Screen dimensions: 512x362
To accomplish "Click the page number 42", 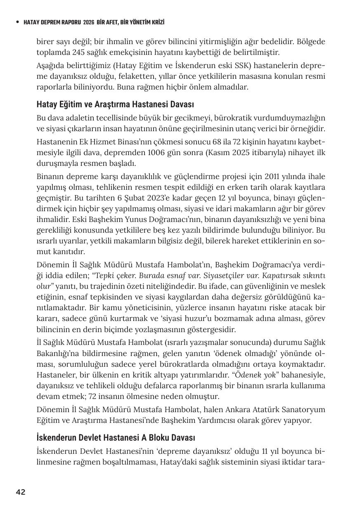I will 21,492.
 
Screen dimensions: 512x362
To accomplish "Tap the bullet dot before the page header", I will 17,22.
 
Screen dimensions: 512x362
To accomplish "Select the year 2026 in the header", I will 89,22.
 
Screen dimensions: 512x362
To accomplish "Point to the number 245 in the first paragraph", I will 78,52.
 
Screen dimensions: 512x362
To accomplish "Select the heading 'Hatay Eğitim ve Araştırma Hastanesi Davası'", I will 115,104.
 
